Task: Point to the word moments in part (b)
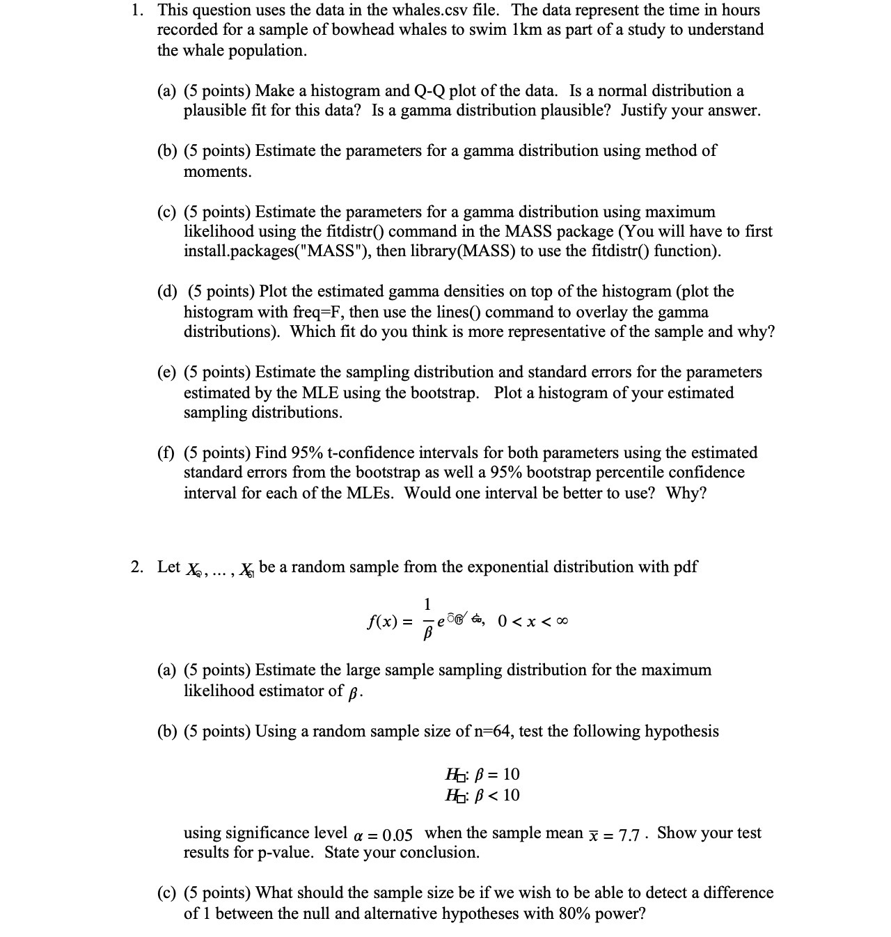(x=216, y=172)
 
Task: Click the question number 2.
(x=137, y=567)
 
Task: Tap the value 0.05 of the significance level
(x=397, y=835)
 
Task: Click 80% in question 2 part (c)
(x=574, y=914)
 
